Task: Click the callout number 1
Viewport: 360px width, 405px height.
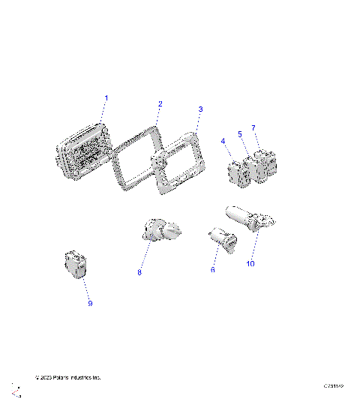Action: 106,98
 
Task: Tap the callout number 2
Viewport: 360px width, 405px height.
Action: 160,103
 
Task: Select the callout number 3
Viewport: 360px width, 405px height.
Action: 200,109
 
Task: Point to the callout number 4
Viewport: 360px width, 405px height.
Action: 223,140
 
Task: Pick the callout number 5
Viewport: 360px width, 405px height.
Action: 240,134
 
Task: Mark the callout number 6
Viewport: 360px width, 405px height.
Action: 212,269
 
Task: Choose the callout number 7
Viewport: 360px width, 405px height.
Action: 253,128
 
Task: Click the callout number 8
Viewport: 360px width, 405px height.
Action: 139,273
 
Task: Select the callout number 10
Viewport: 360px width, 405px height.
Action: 251,265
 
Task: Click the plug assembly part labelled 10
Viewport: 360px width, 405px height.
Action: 252,219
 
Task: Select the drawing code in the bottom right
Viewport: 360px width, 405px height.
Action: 333,385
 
